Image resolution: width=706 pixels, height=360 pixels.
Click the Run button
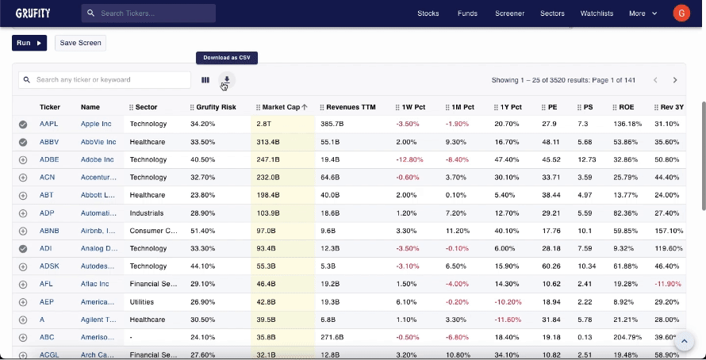pos(29,43)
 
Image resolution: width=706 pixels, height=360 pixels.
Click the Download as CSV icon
pos(227,79)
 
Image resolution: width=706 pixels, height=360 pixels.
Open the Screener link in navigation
pos(510,13)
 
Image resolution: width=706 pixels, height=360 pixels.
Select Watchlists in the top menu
pos(597,13)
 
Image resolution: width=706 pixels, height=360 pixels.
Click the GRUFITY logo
pos(33,13)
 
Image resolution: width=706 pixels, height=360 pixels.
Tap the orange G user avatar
pos(681,13)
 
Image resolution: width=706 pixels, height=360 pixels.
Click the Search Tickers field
pos(148,13)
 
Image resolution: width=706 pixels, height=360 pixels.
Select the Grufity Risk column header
pos(216,107)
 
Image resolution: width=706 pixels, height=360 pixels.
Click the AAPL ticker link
pos(49,124)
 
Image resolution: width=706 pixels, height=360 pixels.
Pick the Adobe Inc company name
pos(97,159)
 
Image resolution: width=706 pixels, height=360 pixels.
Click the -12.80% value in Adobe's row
pos(409,159)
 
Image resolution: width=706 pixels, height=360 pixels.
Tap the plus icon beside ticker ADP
pos(23,213)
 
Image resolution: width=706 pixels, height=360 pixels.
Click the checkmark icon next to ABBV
pos(23,142)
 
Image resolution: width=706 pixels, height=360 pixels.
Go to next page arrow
pos(675,80)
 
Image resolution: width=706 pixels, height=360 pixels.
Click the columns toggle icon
pos(205,79)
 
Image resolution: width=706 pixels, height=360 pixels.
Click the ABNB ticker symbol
pos(50,231)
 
